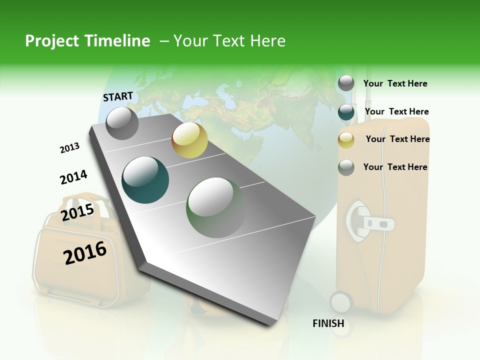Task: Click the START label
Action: [118, 96]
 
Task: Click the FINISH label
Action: [328, 323]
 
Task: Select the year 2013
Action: [69, 148]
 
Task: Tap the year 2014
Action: [73, 177]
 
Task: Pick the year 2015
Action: [77, 212]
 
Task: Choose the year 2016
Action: [85, 253]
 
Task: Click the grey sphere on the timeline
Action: [122, 123]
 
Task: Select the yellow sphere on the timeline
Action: [189, 140]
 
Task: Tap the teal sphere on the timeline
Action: [145, 180]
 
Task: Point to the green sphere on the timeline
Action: [215, 207]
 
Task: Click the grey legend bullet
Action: [346, 83]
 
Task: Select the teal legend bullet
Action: [346, 112]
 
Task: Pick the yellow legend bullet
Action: [346, 140]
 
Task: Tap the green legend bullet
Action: [346, 167]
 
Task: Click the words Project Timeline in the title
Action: [87, 41]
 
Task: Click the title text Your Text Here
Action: [229, 41]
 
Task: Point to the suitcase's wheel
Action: [341, 302]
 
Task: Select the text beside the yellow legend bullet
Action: [397, 139]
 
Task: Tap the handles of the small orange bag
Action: [85, 202]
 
